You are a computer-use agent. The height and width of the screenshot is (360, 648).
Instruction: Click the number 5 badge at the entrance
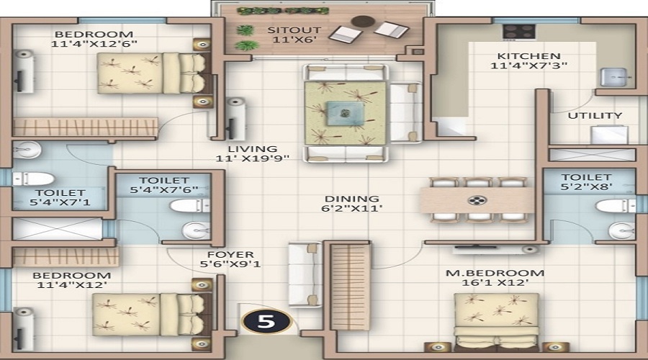click(x=266, y=321)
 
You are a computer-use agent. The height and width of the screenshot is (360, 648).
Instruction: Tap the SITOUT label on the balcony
click(x=294, y=30)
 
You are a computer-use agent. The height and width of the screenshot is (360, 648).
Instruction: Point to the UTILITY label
click(x=595, y=116)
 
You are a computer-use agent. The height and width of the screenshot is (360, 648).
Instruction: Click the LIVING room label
click(x=253, y=149)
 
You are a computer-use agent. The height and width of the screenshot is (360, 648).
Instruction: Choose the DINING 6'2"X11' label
click(x=351, y=204)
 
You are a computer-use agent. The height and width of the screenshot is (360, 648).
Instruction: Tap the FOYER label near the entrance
click(x=230, y=255)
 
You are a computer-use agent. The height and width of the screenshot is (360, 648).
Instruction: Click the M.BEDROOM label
click(x=495, y=273)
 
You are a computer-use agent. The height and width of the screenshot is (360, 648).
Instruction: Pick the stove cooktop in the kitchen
click(x=519, y=32)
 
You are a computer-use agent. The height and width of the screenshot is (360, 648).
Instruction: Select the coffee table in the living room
click(x=345, y=113)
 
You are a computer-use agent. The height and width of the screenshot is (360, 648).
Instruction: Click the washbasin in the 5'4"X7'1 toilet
click(x=27, y=150)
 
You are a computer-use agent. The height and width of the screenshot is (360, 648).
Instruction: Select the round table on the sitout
click(x=363, y=21)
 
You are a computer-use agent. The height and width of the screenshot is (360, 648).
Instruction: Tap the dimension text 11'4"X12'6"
click(x=94, y=43)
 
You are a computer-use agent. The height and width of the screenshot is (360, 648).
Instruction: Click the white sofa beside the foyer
click(x=305, y=274)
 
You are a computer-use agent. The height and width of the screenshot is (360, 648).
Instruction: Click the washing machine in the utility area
click(x=610, y=135)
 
